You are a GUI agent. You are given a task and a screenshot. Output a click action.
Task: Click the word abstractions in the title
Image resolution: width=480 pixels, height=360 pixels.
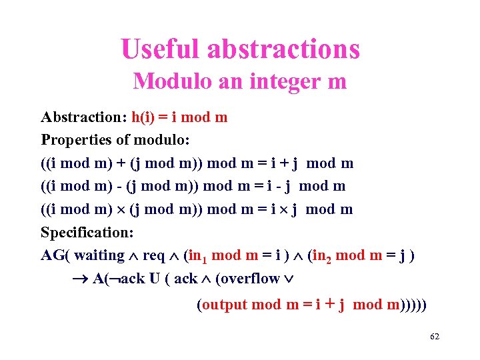coord(284,49)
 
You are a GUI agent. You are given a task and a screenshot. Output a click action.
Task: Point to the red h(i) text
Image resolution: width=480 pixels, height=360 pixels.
coord(145,118)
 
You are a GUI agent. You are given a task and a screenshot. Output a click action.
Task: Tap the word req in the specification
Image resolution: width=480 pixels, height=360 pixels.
coord(154,256)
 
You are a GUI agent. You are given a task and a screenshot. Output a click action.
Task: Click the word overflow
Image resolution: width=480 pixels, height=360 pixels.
coord(248,279)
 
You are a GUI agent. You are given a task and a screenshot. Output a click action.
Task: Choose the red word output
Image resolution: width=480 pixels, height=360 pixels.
coord(223,305)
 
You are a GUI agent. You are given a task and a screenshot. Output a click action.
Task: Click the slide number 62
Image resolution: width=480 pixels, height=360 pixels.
coord(435,337)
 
